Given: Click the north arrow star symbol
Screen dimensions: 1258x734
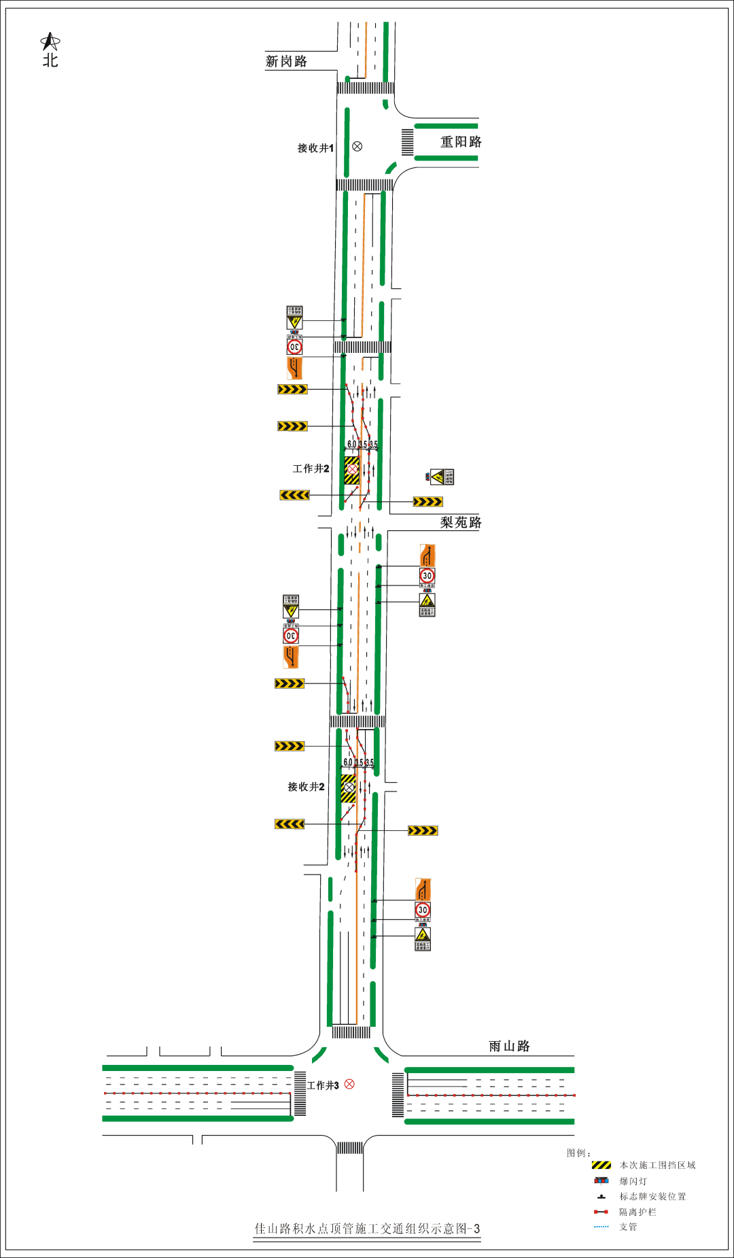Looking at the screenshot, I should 50,42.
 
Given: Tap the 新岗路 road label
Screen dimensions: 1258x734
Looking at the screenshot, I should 286,61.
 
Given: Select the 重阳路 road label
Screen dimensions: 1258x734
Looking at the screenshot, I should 461,141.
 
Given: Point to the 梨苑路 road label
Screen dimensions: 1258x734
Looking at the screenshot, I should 461,522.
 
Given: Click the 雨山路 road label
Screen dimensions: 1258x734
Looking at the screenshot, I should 509,1046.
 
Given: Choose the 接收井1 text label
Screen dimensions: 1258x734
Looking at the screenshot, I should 315,148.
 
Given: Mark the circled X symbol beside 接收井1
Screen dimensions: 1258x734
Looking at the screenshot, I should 357,146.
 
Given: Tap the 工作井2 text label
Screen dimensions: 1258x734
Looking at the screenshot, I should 311,469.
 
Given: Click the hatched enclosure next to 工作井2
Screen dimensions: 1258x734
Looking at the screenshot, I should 351,470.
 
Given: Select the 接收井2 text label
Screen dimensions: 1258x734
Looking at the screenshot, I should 306,786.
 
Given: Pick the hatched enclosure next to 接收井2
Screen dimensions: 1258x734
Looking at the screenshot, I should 348,788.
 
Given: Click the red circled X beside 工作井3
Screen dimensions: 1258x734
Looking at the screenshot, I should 349,1084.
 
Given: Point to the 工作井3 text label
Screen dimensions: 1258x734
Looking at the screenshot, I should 323,1085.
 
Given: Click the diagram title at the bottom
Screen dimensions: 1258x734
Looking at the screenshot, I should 367,1228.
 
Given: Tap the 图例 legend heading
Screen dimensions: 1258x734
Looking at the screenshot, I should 578,1153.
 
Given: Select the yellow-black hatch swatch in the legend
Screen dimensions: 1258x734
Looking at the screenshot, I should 601,1165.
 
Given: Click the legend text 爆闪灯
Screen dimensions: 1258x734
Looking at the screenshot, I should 633,1181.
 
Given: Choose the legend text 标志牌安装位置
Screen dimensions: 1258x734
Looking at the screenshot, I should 652,1196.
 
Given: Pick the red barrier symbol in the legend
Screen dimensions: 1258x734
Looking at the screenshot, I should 601,1212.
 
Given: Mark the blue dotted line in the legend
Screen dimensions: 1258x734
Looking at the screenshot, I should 601,1227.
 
